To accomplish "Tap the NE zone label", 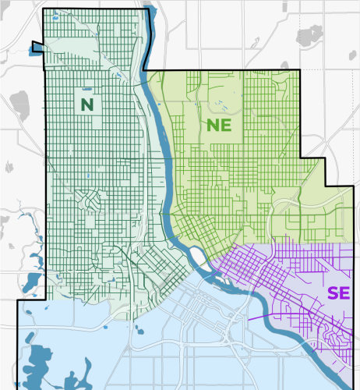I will pos(219,125).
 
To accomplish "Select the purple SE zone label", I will pos(338,293).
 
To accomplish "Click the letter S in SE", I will pos(333,293).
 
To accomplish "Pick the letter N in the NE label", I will pos(212,125).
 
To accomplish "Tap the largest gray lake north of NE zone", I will pos(309,35).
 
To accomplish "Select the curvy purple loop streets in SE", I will pos(340,338).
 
